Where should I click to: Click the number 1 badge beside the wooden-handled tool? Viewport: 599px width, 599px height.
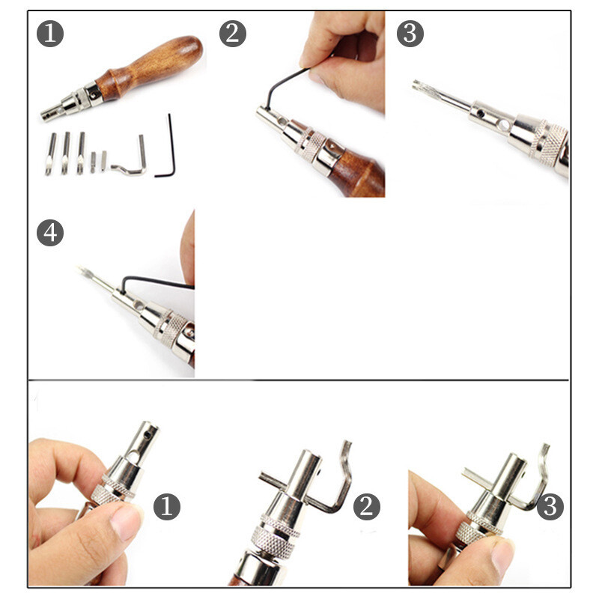pyautogui.click(x=50, y=34)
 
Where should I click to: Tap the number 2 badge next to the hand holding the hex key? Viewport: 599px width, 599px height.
pyautogui.click(x=233, y=34)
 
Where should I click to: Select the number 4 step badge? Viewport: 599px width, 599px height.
pyautogui.click(x=50, y=233)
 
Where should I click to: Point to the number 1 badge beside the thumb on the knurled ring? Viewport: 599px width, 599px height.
pyautogui.click(x=167, y=507)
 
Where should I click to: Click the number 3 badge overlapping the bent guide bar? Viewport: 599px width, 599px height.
pyautogui.click(x=550, y=507)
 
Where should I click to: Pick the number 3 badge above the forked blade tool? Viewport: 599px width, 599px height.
pyautogui.click(x=410, y=34)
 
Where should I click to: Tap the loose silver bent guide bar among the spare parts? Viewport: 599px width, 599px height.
pyautogui.click(x=132, y=159)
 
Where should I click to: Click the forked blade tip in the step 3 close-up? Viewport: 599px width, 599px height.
pyautogui.click(x=422, y=87)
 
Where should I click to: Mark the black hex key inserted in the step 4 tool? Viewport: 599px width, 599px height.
pyautogui.click(x=153, y=282)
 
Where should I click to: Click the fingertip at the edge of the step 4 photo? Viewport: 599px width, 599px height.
pyautogui.click(x=188, y=245)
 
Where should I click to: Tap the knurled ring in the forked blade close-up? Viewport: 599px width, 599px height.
pyautogui.click(x=548, y=142)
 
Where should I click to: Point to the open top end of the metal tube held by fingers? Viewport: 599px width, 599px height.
pyautogui.click(x=150, y=425)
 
